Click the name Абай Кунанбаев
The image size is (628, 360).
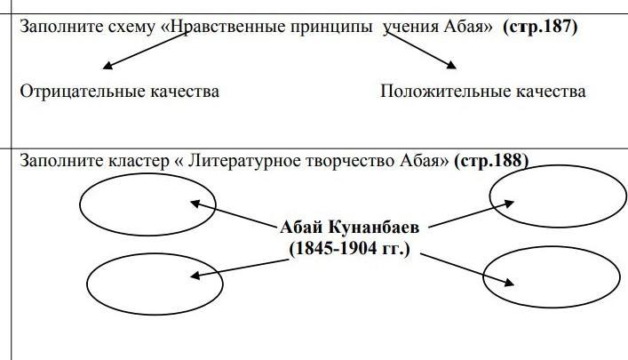click(349, 227)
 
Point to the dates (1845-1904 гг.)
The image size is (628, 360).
click(349, 248)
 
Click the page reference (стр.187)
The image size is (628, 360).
click(539, 27)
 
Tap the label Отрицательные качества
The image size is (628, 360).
click(119, 91)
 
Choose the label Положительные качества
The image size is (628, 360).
click(482, 91)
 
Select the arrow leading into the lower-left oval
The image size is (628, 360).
click(236, 268)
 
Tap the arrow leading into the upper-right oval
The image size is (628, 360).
click(470, 214)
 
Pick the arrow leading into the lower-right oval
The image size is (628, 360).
click(467, 269)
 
